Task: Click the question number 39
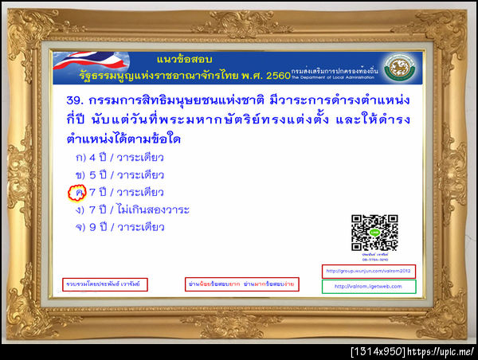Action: (x=76, y=104)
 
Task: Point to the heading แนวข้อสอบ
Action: (x=182, y=58)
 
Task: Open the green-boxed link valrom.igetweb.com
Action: (x=369, y=287)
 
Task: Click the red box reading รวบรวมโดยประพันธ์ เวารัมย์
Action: (x=105, y=284)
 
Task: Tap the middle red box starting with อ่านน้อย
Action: (x=232, y=284)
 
